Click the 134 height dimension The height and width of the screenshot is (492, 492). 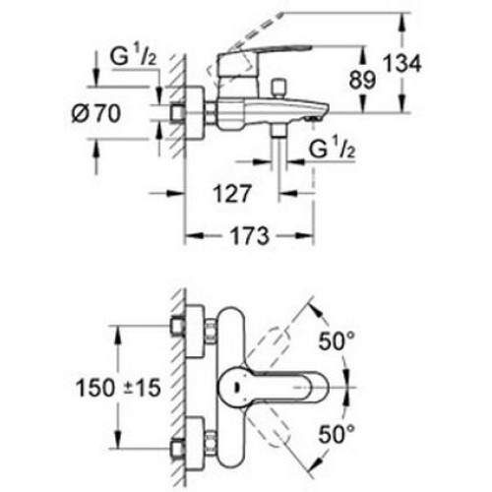click(402, 64)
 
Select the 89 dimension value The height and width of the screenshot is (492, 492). click(362, 80)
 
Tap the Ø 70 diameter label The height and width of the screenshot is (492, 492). click(96, 114)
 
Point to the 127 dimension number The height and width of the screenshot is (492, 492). click(232, 194)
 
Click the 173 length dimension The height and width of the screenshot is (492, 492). click(250, 236)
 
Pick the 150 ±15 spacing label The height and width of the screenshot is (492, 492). click(118, 388)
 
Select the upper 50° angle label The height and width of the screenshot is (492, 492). click(337, 340)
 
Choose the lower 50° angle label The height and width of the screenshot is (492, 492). click(337, 434)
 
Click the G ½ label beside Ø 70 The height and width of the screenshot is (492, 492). click(134, 57)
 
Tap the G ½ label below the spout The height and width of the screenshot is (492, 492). click(332, 150)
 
